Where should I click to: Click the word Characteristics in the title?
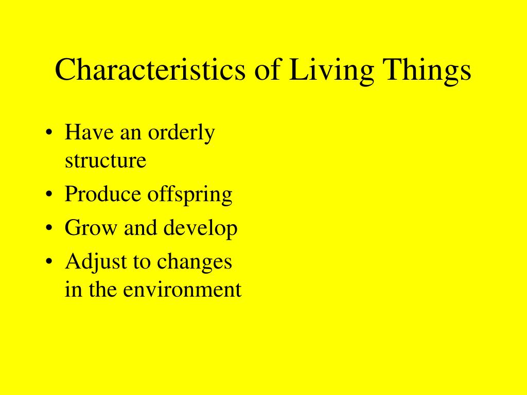click(150, 69)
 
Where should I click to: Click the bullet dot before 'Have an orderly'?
click(49, 132)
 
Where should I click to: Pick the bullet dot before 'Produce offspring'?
click(49, 194)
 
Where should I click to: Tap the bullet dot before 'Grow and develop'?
click(49, 228)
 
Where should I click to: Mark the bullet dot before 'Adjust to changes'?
click(49, 261)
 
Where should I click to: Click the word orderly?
click(181, 133)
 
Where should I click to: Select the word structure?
click(106, 160)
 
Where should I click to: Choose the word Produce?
click(102, 194)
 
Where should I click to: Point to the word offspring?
click(190, 195)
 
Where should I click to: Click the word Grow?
click(91, 228)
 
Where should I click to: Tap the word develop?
click(200, 229)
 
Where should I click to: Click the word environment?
click(182, 290)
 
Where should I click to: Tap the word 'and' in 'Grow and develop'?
click(140, 227)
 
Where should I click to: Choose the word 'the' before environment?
click(102, 289)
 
